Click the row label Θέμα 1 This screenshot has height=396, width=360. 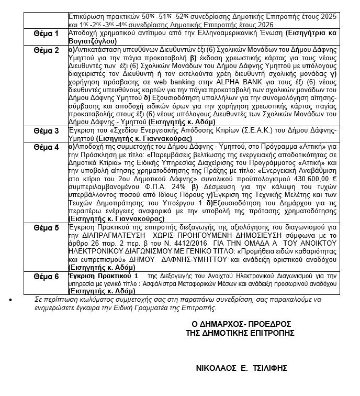click(x=46, y=34)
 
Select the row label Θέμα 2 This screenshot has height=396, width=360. click(x=46, y=50)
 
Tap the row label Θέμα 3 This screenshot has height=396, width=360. click(x=46, y=130)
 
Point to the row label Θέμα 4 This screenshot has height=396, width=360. click(x=46, y=147)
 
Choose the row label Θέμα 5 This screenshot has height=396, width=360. click(x=46, y=242)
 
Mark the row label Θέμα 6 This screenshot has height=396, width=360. click(x=46, y=276)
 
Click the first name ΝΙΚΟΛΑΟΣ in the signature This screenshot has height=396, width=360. click(x=212, y=368)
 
